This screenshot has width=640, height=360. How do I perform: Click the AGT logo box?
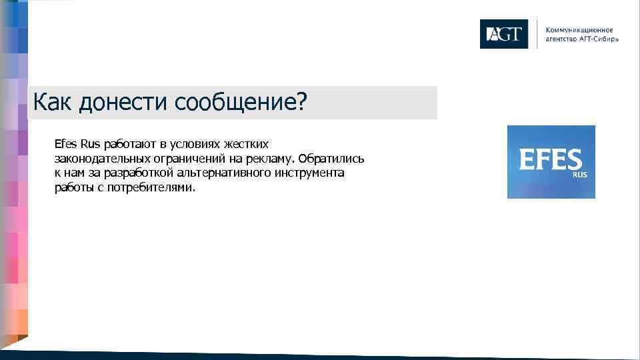503,34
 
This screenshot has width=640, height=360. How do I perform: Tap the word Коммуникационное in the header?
579,30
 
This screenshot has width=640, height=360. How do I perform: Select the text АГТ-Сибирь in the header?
597,39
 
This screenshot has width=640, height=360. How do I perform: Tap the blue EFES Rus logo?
551,162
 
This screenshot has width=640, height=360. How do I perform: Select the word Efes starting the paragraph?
66,144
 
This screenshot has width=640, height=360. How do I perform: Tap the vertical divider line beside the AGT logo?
537,34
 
